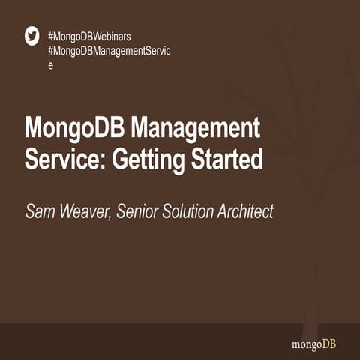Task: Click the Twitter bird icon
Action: tap(32, 36)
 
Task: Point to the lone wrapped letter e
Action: tap(50, 66)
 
